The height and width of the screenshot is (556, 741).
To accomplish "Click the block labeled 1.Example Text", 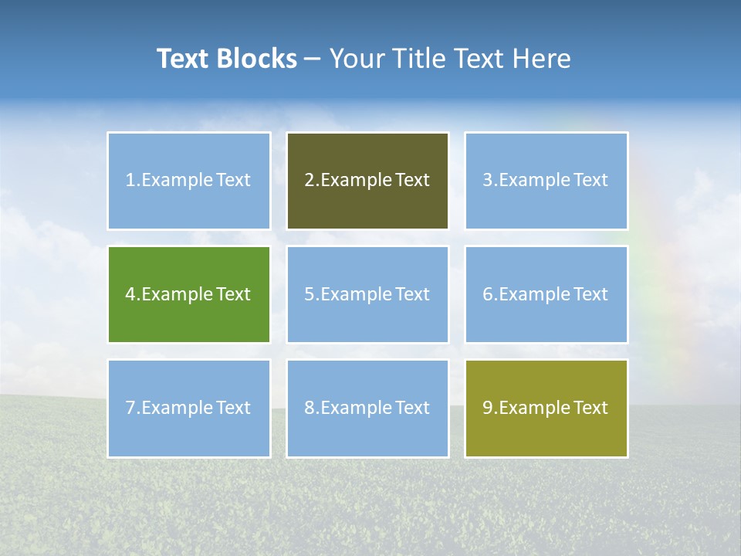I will (x=189, y=181).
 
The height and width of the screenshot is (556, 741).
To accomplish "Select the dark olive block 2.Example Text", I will (x=367, y=181).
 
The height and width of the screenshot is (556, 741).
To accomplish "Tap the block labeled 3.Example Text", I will (x=546, y=181).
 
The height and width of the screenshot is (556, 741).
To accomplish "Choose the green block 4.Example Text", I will (x=189, y=294).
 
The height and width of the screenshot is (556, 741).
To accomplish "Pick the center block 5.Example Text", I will (x=367, y=294).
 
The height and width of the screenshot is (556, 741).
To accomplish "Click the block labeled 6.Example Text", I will (x=546, y=294).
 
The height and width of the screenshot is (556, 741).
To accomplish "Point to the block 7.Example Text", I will (x=189, y=408).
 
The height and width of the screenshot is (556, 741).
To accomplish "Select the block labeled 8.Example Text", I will (x=367, y=408).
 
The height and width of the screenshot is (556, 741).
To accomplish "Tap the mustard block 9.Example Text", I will (x=546, y=408).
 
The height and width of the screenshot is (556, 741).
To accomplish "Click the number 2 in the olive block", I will (x=309, y=181).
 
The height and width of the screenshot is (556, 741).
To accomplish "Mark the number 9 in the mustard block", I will (x=487, y=408).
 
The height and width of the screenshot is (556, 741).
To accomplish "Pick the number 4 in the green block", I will (x=130, y=294).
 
